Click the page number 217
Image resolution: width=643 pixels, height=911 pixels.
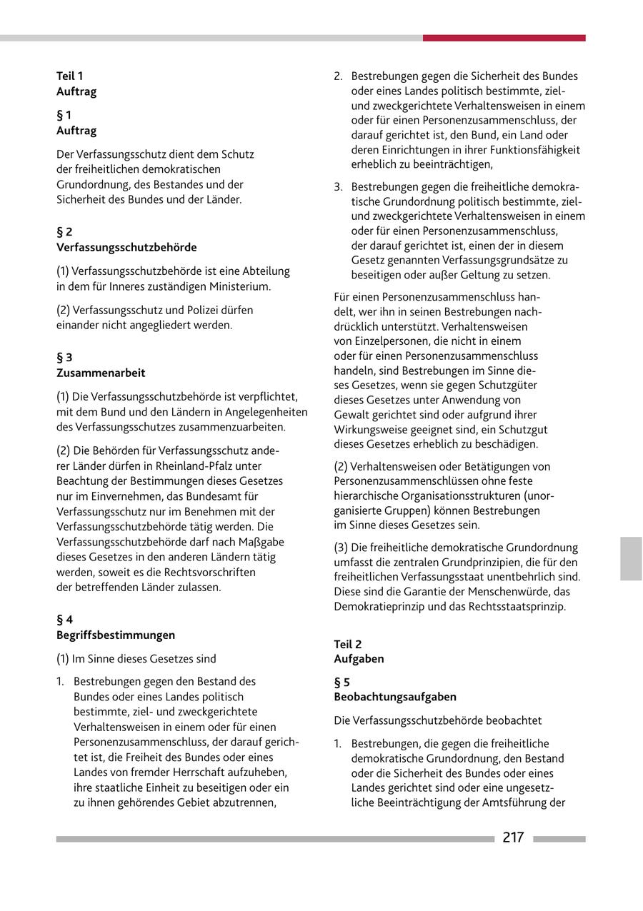(513, 837)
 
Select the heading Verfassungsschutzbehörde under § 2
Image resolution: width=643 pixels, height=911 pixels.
(126, 247)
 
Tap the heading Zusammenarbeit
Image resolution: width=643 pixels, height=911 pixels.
(101, 373)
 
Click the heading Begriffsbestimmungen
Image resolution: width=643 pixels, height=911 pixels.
(116, 635)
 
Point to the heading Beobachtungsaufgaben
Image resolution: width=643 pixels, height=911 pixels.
(395, 697)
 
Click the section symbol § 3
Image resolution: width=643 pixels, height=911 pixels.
(64, 357)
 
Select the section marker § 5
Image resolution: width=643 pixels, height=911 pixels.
(342, 682)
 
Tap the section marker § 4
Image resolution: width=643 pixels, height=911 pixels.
(64, 620)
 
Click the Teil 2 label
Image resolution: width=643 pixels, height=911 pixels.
(348, 644)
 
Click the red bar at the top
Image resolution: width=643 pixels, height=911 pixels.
(504, 38)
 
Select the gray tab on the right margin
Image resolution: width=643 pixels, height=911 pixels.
(631, 558)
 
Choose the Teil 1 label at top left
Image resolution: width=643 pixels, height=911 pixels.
(70, 76)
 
